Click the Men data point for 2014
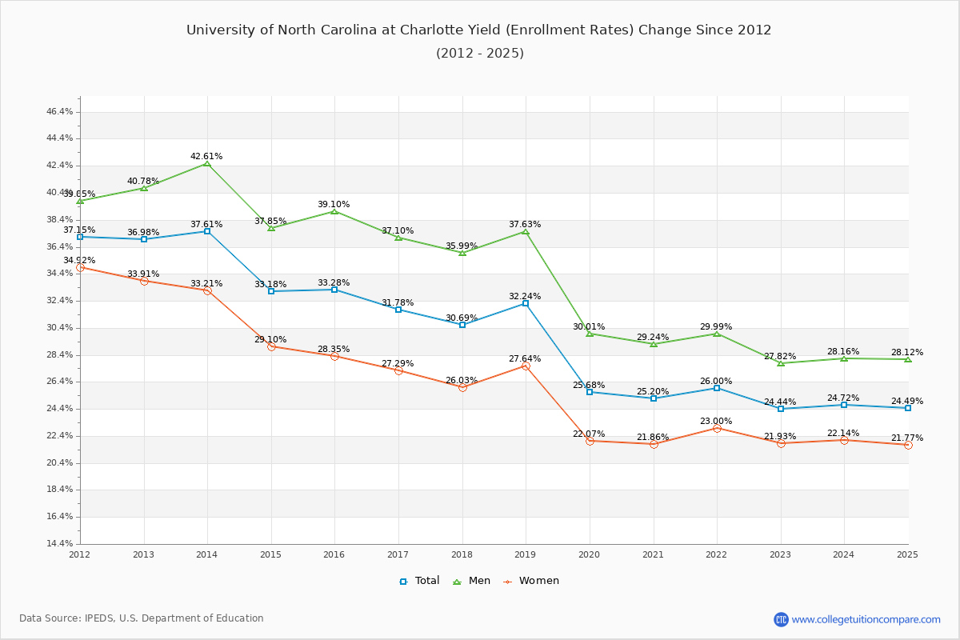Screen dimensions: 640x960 tap(207, 163)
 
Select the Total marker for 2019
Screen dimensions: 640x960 tap(526, 303)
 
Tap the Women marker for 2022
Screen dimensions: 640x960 tap(717, 428)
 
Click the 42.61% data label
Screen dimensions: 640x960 tap(206, 156)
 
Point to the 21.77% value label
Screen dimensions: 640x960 tap(907, 438)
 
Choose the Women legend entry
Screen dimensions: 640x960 tap(531, 581)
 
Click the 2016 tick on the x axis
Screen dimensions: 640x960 tap(334, 554)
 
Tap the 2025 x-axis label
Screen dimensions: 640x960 tap(907, 554)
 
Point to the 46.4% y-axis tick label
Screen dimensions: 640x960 tap(60, 111)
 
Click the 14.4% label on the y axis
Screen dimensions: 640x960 tap(60, 543)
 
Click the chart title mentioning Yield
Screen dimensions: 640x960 tap(479, 30)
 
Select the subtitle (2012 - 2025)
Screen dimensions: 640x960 tap(479, 54)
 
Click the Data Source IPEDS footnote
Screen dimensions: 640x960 tap(142, 618)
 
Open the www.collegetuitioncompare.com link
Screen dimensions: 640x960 tap(866, 619)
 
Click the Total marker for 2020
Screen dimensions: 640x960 tap(590, 392)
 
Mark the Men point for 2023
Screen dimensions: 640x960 tap(781, 363)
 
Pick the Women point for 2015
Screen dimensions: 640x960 tap(271, 346)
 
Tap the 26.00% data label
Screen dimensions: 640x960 tap(716, 381)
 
